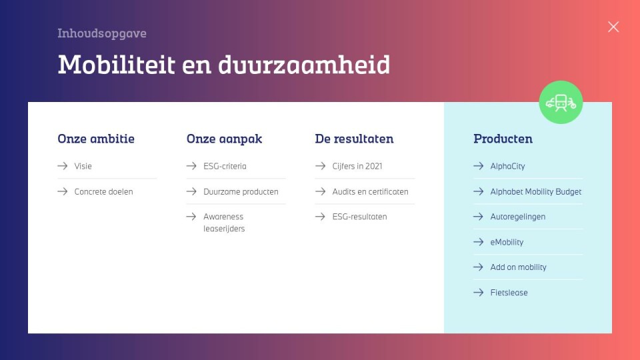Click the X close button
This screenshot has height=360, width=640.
pos(613,27)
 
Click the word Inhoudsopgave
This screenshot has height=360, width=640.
pos(101,33)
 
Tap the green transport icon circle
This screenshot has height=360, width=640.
pos(561,102)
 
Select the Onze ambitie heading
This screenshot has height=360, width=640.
pos(96,139)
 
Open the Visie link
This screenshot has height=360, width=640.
pos(83,166)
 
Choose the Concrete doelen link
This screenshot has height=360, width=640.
pos(104,191)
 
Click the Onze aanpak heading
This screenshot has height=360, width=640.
pos(224,139)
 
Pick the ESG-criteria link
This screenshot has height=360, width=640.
pos(225,166)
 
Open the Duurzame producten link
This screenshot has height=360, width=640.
pos(241,191)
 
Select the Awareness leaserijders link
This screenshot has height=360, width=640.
pos(224,223)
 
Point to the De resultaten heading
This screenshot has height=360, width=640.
pos(354,139)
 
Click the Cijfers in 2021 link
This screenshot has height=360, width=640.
pos(357,166)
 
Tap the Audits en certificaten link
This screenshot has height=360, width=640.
pos(370,191)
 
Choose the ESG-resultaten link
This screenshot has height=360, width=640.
pos(359,217)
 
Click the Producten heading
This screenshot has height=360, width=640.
pos(503,139)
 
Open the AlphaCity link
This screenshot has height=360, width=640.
pos(508,166)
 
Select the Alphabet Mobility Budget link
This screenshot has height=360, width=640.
pos(536,191)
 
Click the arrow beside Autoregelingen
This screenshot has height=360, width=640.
pos(479,217)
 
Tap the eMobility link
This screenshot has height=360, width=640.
pos(507,242)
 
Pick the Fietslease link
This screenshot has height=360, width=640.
pos(509,293)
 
